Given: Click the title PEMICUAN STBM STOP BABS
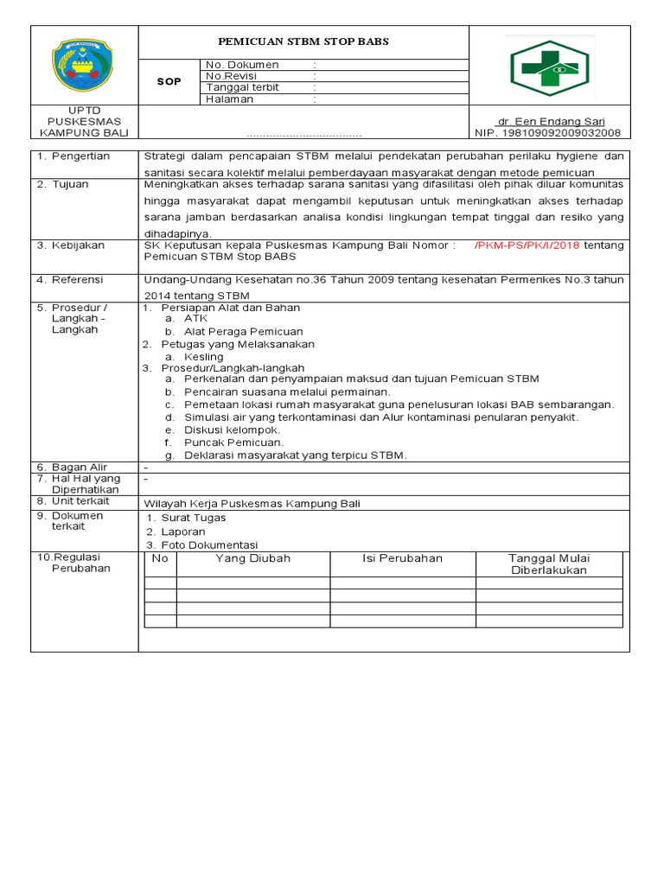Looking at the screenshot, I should [303, 41].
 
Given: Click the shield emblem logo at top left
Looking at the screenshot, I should [84, 65].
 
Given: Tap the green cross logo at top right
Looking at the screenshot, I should [549, 67].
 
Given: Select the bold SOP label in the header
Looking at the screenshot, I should [169, 81].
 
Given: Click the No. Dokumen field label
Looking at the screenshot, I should [242, 65].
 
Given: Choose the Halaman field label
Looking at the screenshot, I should [230, 99].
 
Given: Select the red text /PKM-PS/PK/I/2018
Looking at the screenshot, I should [527, 245].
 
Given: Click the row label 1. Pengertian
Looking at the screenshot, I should [73, 156].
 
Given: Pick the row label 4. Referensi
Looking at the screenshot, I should [71, 280].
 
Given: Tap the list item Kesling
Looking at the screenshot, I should [203, 356].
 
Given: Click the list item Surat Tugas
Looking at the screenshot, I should [193, 518].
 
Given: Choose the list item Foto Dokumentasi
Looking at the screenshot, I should [208, 544].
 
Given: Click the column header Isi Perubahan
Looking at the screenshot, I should [402, 558].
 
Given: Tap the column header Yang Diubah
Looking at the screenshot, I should [252, 558].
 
